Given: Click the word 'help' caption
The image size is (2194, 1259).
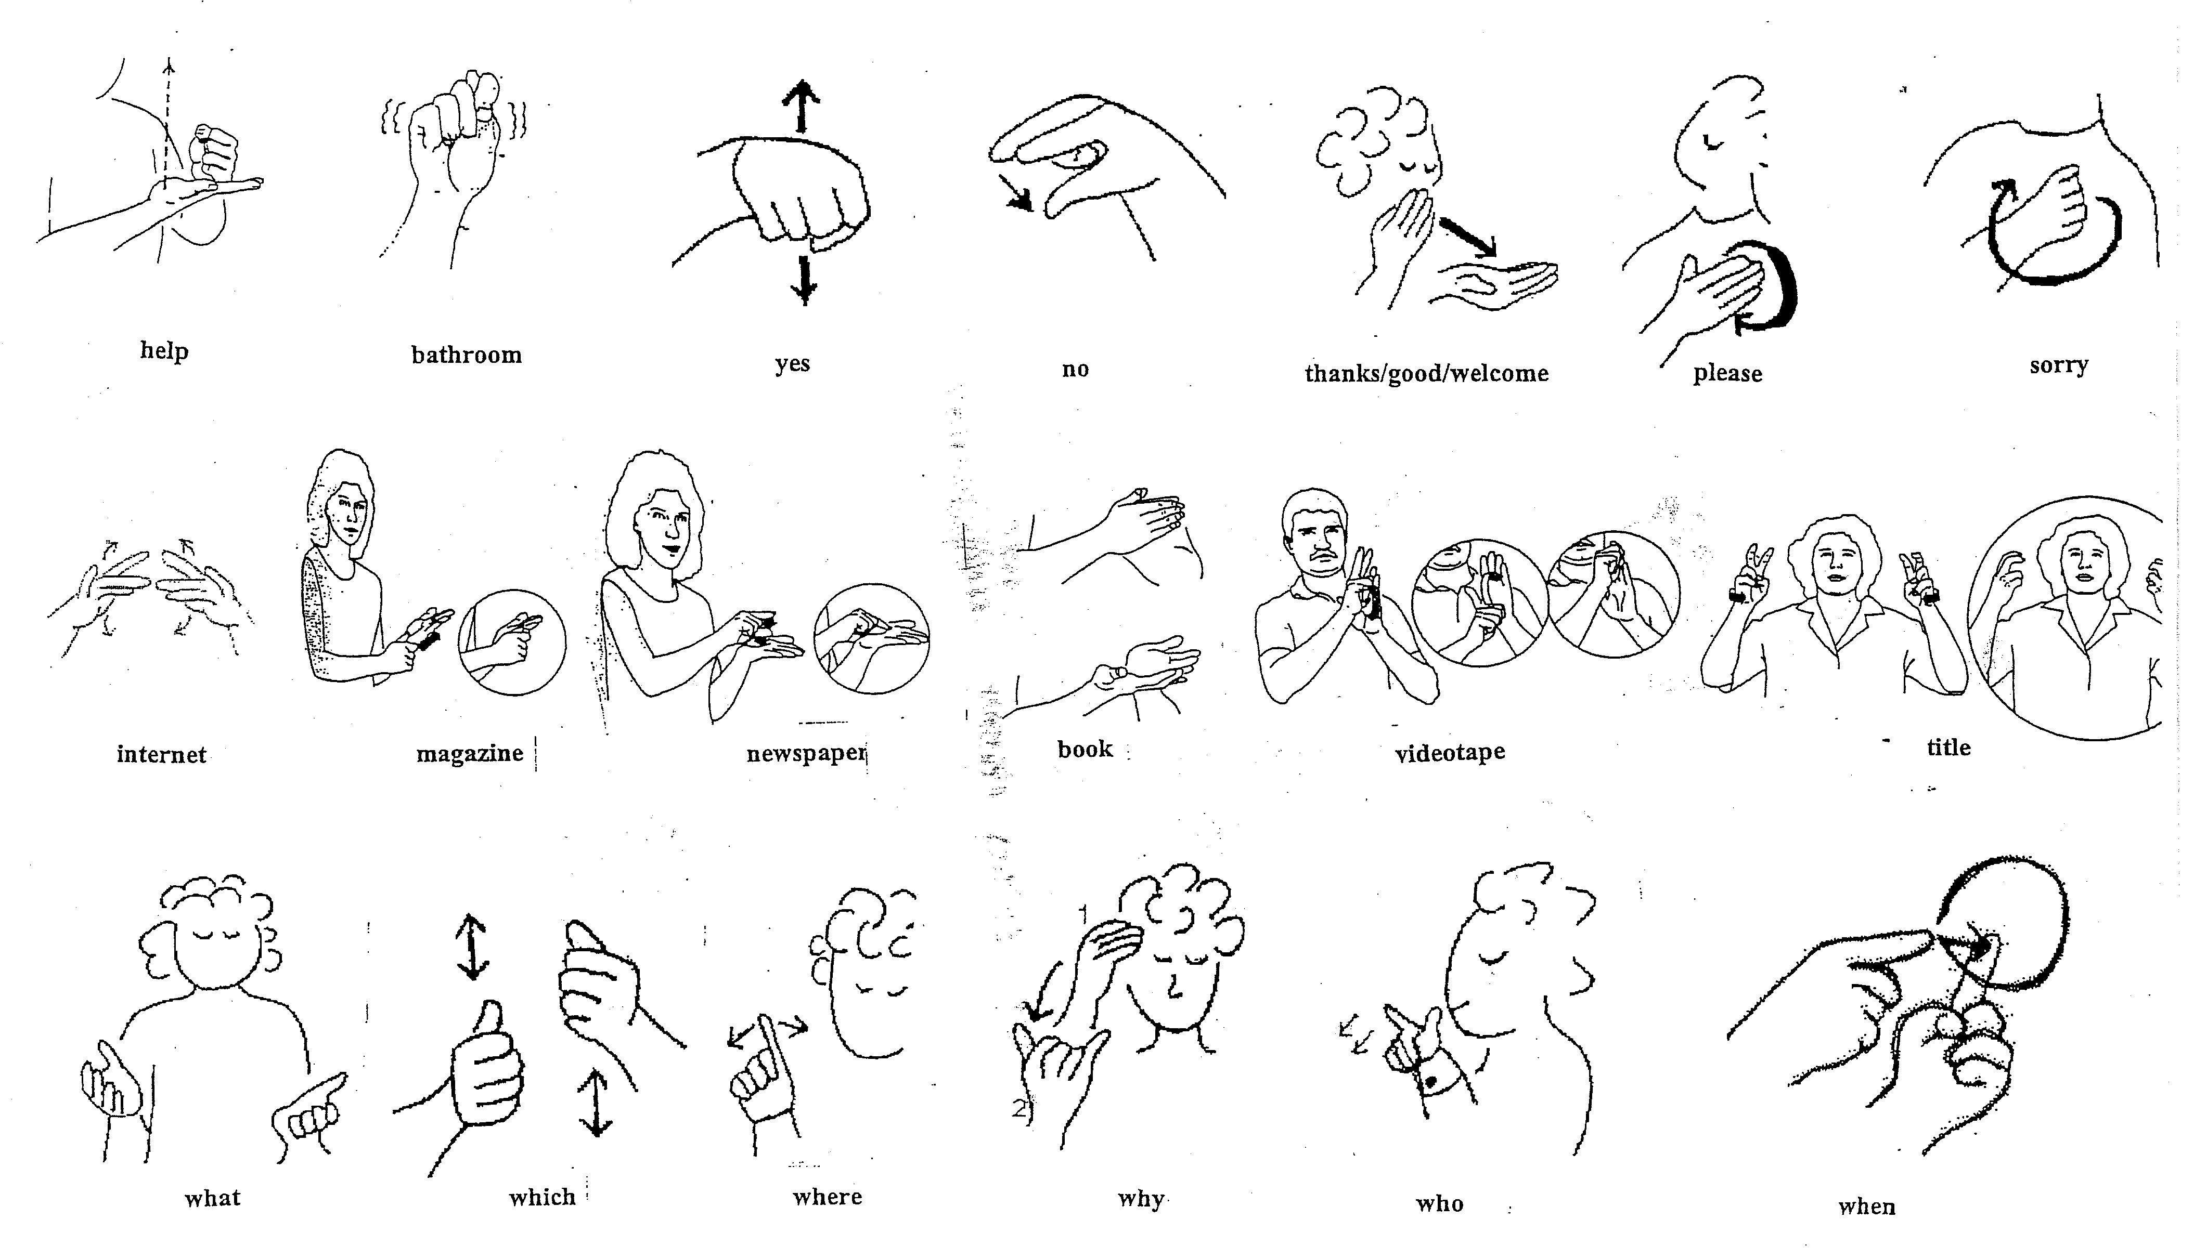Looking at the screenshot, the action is point(164,350).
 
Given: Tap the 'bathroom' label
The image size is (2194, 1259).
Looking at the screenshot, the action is point(466,355).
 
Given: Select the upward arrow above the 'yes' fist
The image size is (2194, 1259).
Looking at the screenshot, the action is point(803,107).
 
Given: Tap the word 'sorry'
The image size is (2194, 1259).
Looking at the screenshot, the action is point(2059,365).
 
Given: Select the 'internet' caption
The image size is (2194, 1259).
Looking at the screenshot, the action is point(162,755).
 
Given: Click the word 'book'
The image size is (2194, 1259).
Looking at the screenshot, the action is point(1085,749).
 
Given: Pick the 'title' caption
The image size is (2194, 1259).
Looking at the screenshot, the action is point(1949,747).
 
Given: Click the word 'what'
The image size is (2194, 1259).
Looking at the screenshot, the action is point(213,1198).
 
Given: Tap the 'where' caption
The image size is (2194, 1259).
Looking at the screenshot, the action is point(828,1197).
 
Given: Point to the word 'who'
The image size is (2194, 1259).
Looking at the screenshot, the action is point(1440,1204).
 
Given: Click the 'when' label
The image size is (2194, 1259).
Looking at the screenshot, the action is point(1867,1206).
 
